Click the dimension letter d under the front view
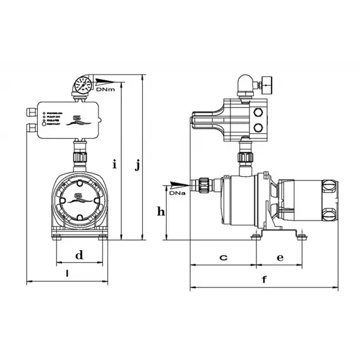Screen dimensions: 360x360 (x=79, y=256)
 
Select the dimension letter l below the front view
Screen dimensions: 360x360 (x=68, y=273)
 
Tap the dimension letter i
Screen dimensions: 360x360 (x=114, y=165)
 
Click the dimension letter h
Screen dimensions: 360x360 (x=161, y=212)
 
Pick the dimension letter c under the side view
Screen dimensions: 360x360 (x=223, y=257)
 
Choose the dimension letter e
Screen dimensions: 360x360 (x=280, y=257)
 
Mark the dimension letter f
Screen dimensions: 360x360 (x=264, y=279)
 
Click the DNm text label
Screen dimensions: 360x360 (x=107, y=90)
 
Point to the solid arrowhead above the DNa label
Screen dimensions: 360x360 (x=179, y=184)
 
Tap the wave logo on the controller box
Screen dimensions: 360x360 (x=79, y=120)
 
